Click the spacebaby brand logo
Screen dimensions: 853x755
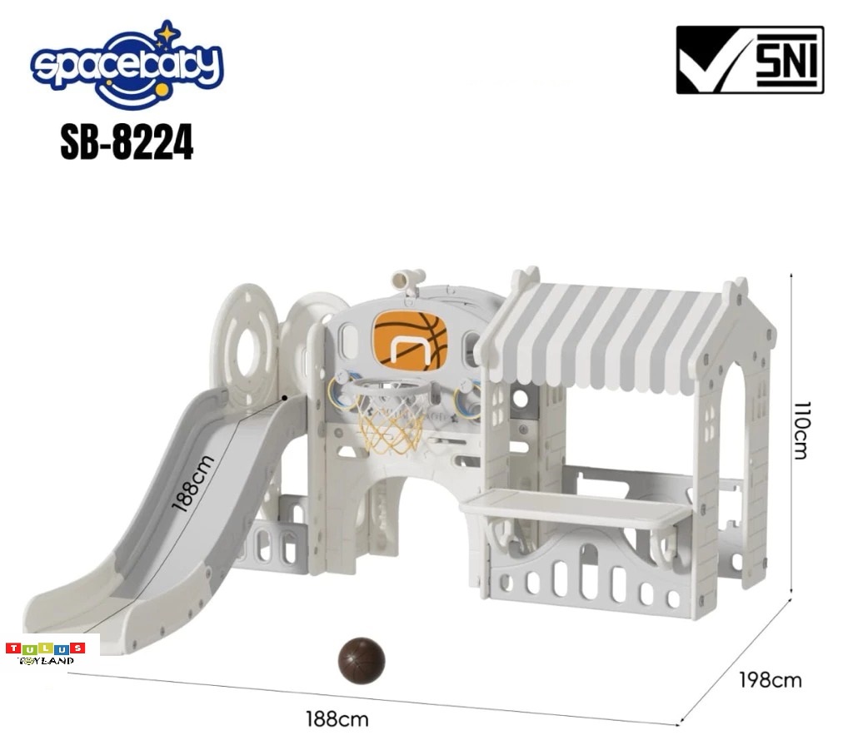click(x=127, y=65)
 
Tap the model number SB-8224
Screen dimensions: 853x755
click(x=127, y=142)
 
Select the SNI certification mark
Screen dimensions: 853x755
click(x=750, y=60)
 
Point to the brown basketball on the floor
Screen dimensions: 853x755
click(x=362, y=660)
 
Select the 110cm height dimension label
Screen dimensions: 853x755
click(x=802, y=430)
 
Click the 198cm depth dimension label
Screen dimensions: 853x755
click(x=770, y=680)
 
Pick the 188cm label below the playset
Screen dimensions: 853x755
click(x=337, y=719)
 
